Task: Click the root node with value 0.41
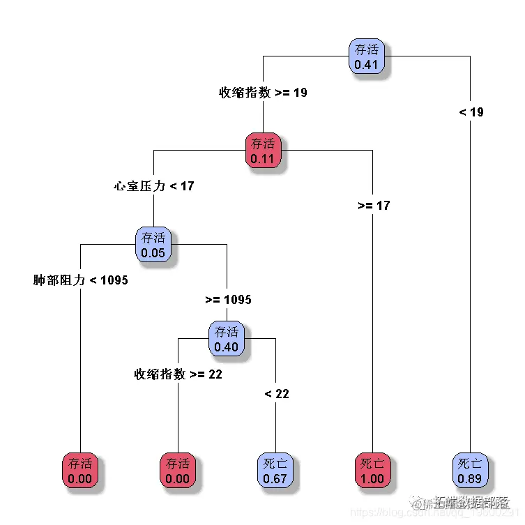[367, 56]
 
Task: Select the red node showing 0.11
[263, 151]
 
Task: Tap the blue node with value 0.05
[153, 245]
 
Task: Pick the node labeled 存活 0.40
[227, 339]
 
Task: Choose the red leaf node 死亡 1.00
[372, 471]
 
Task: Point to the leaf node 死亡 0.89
[470, 471]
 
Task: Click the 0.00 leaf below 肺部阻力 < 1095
[81, 471]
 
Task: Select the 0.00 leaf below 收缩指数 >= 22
[178, 471]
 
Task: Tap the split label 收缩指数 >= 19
[263, 93]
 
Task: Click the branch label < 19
[471, 112]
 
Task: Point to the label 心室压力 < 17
[154, 186]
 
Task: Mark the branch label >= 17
[374, 206]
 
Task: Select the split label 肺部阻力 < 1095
[81, 280]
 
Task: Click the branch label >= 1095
[228, 300]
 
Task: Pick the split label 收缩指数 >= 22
[178, 374]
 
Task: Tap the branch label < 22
[277, 394]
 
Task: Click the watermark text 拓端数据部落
[471, 501]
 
